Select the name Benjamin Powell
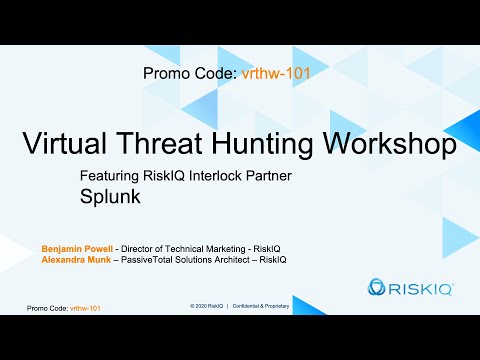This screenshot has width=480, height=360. [76, 247]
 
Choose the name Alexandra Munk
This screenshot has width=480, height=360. [75, 259]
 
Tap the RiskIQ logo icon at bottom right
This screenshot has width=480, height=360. [378, 289]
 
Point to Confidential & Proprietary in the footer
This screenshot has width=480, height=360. [262, 304]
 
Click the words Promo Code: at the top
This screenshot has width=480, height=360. [190, 73]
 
